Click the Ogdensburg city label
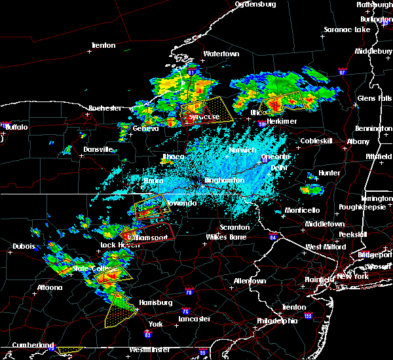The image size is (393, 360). [256, 4]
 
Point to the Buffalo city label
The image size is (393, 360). [16, 127]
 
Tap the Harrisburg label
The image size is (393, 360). [155, 302]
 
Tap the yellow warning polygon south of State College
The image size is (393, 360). [118, 309]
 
